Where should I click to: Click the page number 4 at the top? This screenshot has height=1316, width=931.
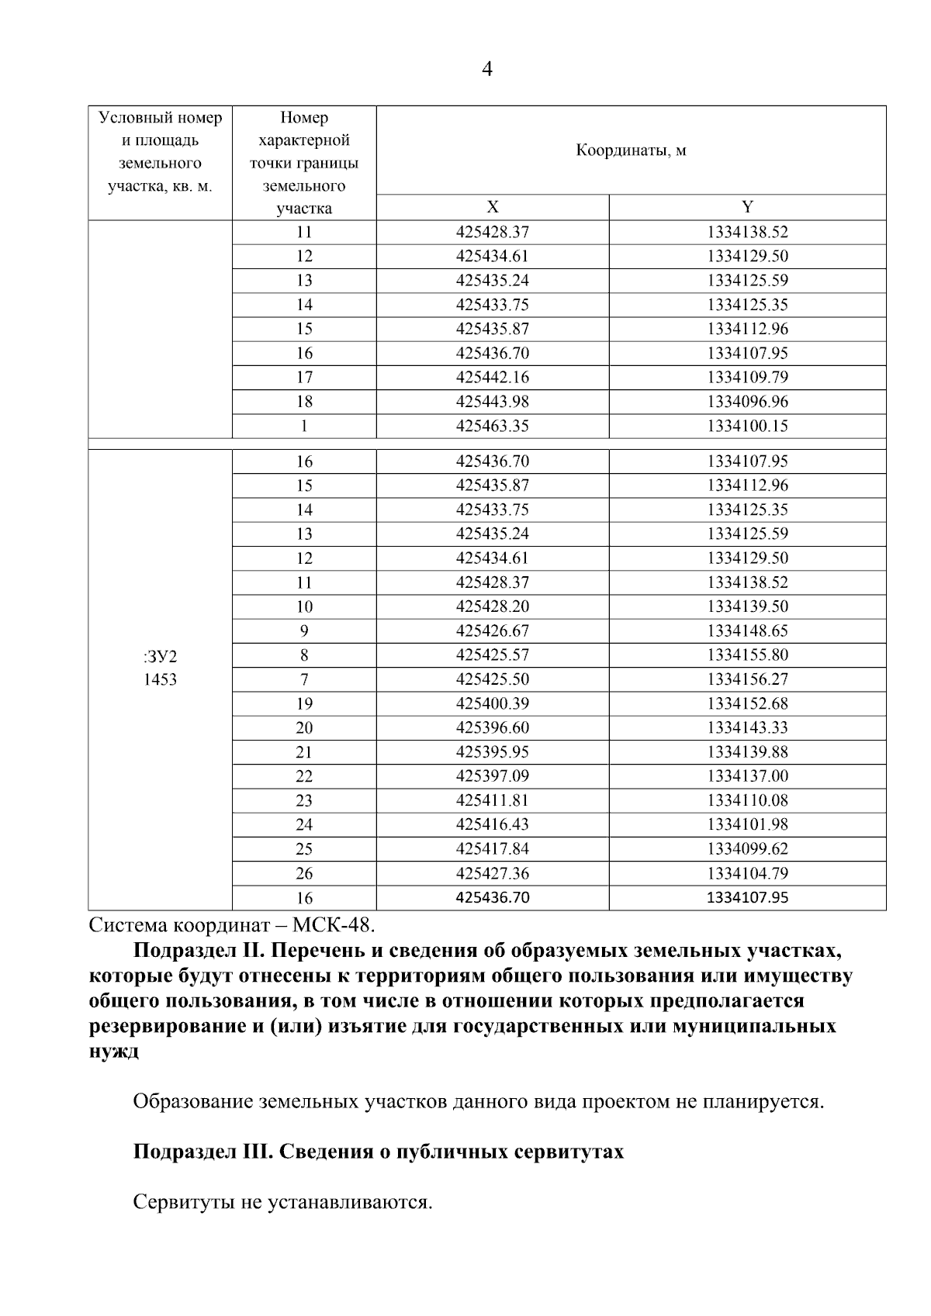pyautogui.click(x=486, y=70)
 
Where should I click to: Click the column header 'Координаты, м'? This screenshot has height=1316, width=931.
pyautogui.click(x=631, y=150)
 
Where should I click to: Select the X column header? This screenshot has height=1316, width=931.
pyautogui.click(x=493, y=207)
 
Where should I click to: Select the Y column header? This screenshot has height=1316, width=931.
pyautogui.click(x=747, y=207)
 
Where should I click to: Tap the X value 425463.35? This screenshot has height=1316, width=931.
pyautogui.click(x=493, y=426)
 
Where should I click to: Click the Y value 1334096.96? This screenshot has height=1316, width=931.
pyautogui.click(x=747, y=402)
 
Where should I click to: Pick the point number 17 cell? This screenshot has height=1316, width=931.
pyautogui.click(x=304, y=378)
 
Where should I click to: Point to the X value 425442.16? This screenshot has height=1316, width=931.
pyautogui.click(x=493, y=378)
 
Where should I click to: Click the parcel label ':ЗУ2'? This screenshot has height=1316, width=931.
pyautogui.click(x=160, y=658)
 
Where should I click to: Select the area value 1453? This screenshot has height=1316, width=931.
pyautogui.click(x=160, y=680)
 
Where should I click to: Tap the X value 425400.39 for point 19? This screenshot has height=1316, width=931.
pyautogui.click(x=493, y=704)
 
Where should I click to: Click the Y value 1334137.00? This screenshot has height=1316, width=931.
pyautogui.click(x=747, y=776)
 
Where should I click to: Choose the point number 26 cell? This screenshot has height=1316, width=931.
pyautogui.click(x=304, y=874)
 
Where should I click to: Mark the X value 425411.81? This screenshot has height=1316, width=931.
pyautogui.click(x=493, y=800)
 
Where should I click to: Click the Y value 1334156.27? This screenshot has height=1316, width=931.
pyautogui.click(x=747, y=679)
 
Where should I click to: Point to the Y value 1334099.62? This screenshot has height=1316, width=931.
pyautogui.click(x=747, y=849)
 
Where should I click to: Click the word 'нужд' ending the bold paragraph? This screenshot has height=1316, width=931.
pyautogui.click(x=114, y=1052)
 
